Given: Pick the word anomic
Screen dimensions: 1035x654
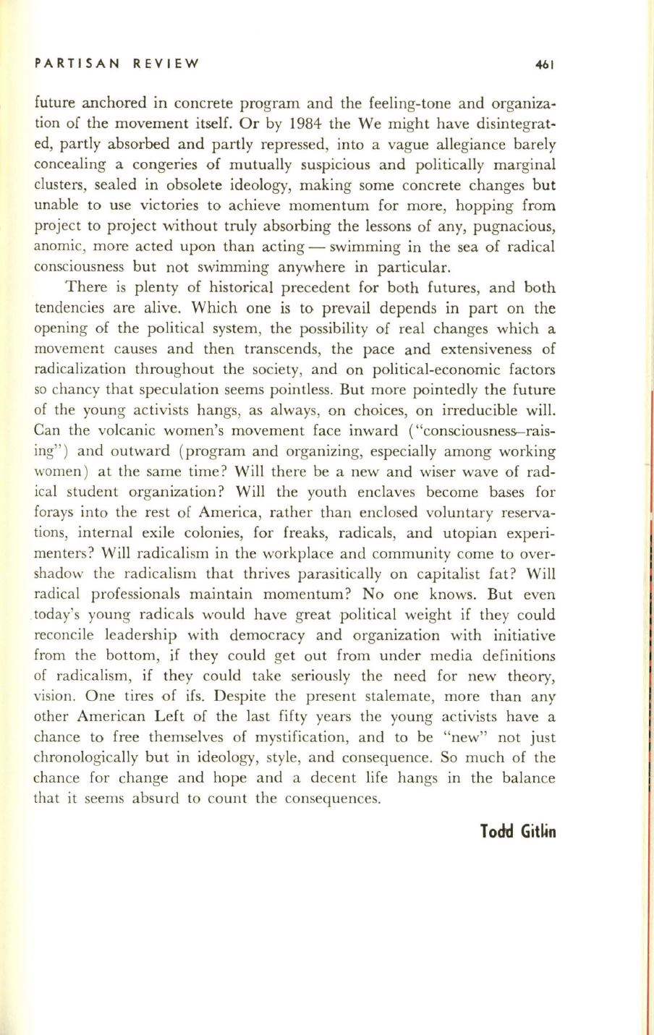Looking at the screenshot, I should click(59, 247).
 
